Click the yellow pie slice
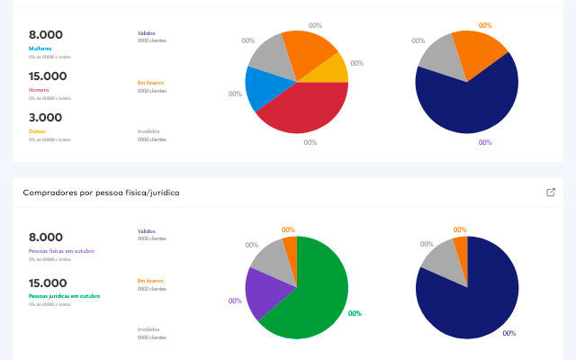click(330, 69)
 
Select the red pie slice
click(306, 108)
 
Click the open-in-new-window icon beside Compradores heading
click(551, 192)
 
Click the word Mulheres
click(40, 48)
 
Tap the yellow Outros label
click(37, 130)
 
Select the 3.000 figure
click(46, 117)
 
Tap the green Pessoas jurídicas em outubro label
click(64, 295)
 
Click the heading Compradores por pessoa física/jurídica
click(101, 193)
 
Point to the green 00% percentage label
click(355, 313)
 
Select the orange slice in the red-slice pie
click(310, 52)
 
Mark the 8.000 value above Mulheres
click(46, 34)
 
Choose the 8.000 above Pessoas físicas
click(46, 237)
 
